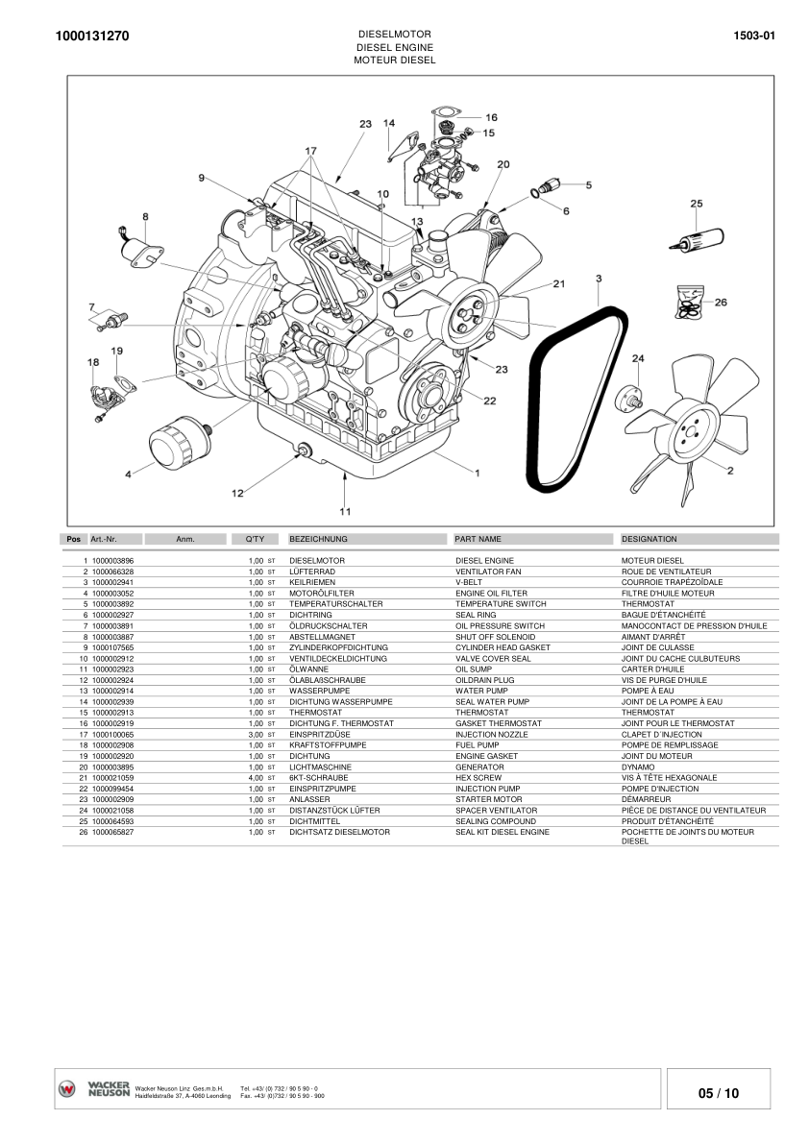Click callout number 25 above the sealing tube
tap(697, 204)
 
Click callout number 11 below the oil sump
tap(345, 511)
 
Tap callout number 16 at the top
tap(491, 117)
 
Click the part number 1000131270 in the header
tap(93, 37)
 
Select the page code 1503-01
tap(753, 37)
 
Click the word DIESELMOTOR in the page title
tap(394, 34)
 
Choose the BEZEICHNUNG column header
tap(318, 539)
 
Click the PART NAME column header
tap(478, 539)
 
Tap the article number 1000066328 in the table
tap(113, 572)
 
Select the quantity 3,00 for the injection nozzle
tap(256, 734)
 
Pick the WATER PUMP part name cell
tap(482, 691)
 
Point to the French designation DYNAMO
tap(638, 767)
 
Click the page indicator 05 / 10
tap(719, 1093)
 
